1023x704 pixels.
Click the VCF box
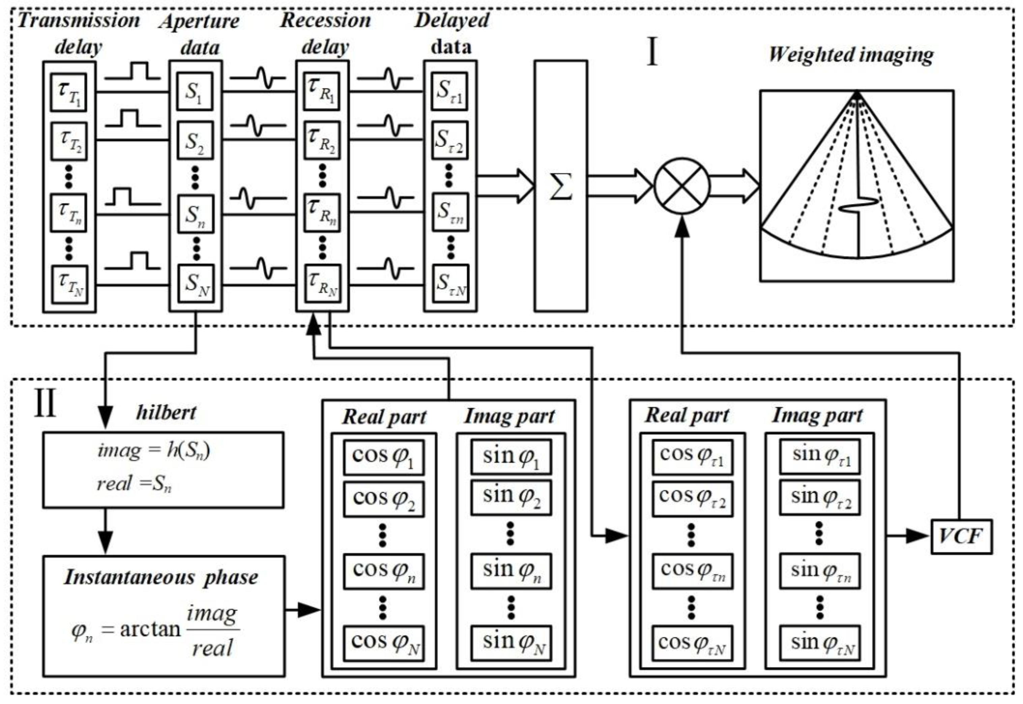click(961, 536)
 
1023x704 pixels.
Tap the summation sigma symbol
click(561, 186)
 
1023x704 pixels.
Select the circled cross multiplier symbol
click(682, 186)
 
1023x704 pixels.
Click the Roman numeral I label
click(652, 52)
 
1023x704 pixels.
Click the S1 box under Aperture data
click(195, 91)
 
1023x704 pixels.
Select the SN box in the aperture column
click(196, 283)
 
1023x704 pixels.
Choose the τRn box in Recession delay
click(322, 213)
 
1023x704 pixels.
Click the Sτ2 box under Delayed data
click(449, 140)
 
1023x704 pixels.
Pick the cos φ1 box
click(383, 457)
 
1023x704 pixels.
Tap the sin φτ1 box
click(819, 456)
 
